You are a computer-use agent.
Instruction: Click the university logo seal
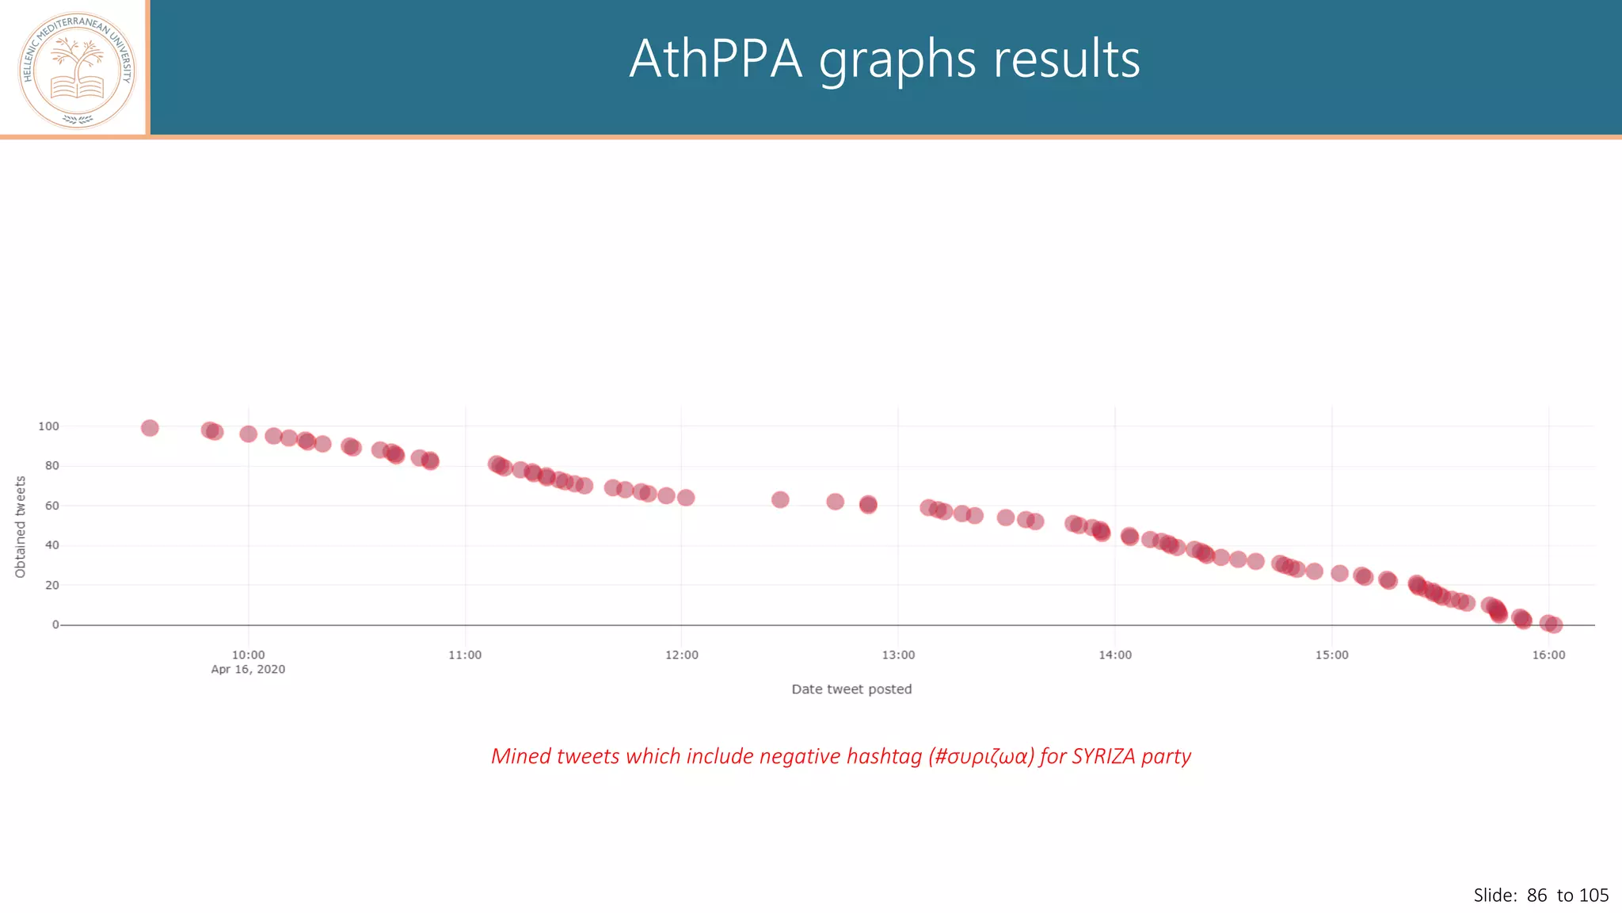pyautogui.click(x=77, y=71)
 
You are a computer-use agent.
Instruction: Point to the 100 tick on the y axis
pyautogui.click(x=48, y=426)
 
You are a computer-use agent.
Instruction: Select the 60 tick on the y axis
pyautogui.click(x=52, y=506)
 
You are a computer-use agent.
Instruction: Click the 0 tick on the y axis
pyautogui.click(x=55, y=625)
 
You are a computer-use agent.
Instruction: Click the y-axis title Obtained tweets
pyautogui.click(x=21, y=527)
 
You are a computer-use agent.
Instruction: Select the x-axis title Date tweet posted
pyautogui.click(x=851, y=690)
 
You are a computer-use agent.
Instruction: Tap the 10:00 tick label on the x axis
pyautogui.click(x=248, y=655)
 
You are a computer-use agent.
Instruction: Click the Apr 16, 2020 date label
pyautogui.click(x=248, y=670)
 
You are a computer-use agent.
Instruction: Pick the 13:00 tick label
pyautogui.click(x=898, y=655)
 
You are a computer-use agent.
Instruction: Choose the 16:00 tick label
pyautogui.click(x=1548, y=655)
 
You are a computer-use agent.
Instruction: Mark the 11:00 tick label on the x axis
pyautogui.click(x=465, y=655)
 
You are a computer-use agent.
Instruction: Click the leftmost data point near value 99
pyautogui.click(x=150, y=428)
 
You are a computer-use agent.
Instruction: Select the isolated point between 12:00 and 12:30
pyautogui.click(x=780, y=499)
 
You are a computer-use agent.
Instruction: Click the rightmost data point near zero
pyautogui.click(x=1554, y=625)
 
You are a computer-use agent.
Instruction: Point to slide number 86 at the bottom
pyautogui.click(x=1536, y=896)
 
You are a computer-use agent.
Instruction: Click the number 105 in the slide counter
pyautogui.click(x=1593, y=896)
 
